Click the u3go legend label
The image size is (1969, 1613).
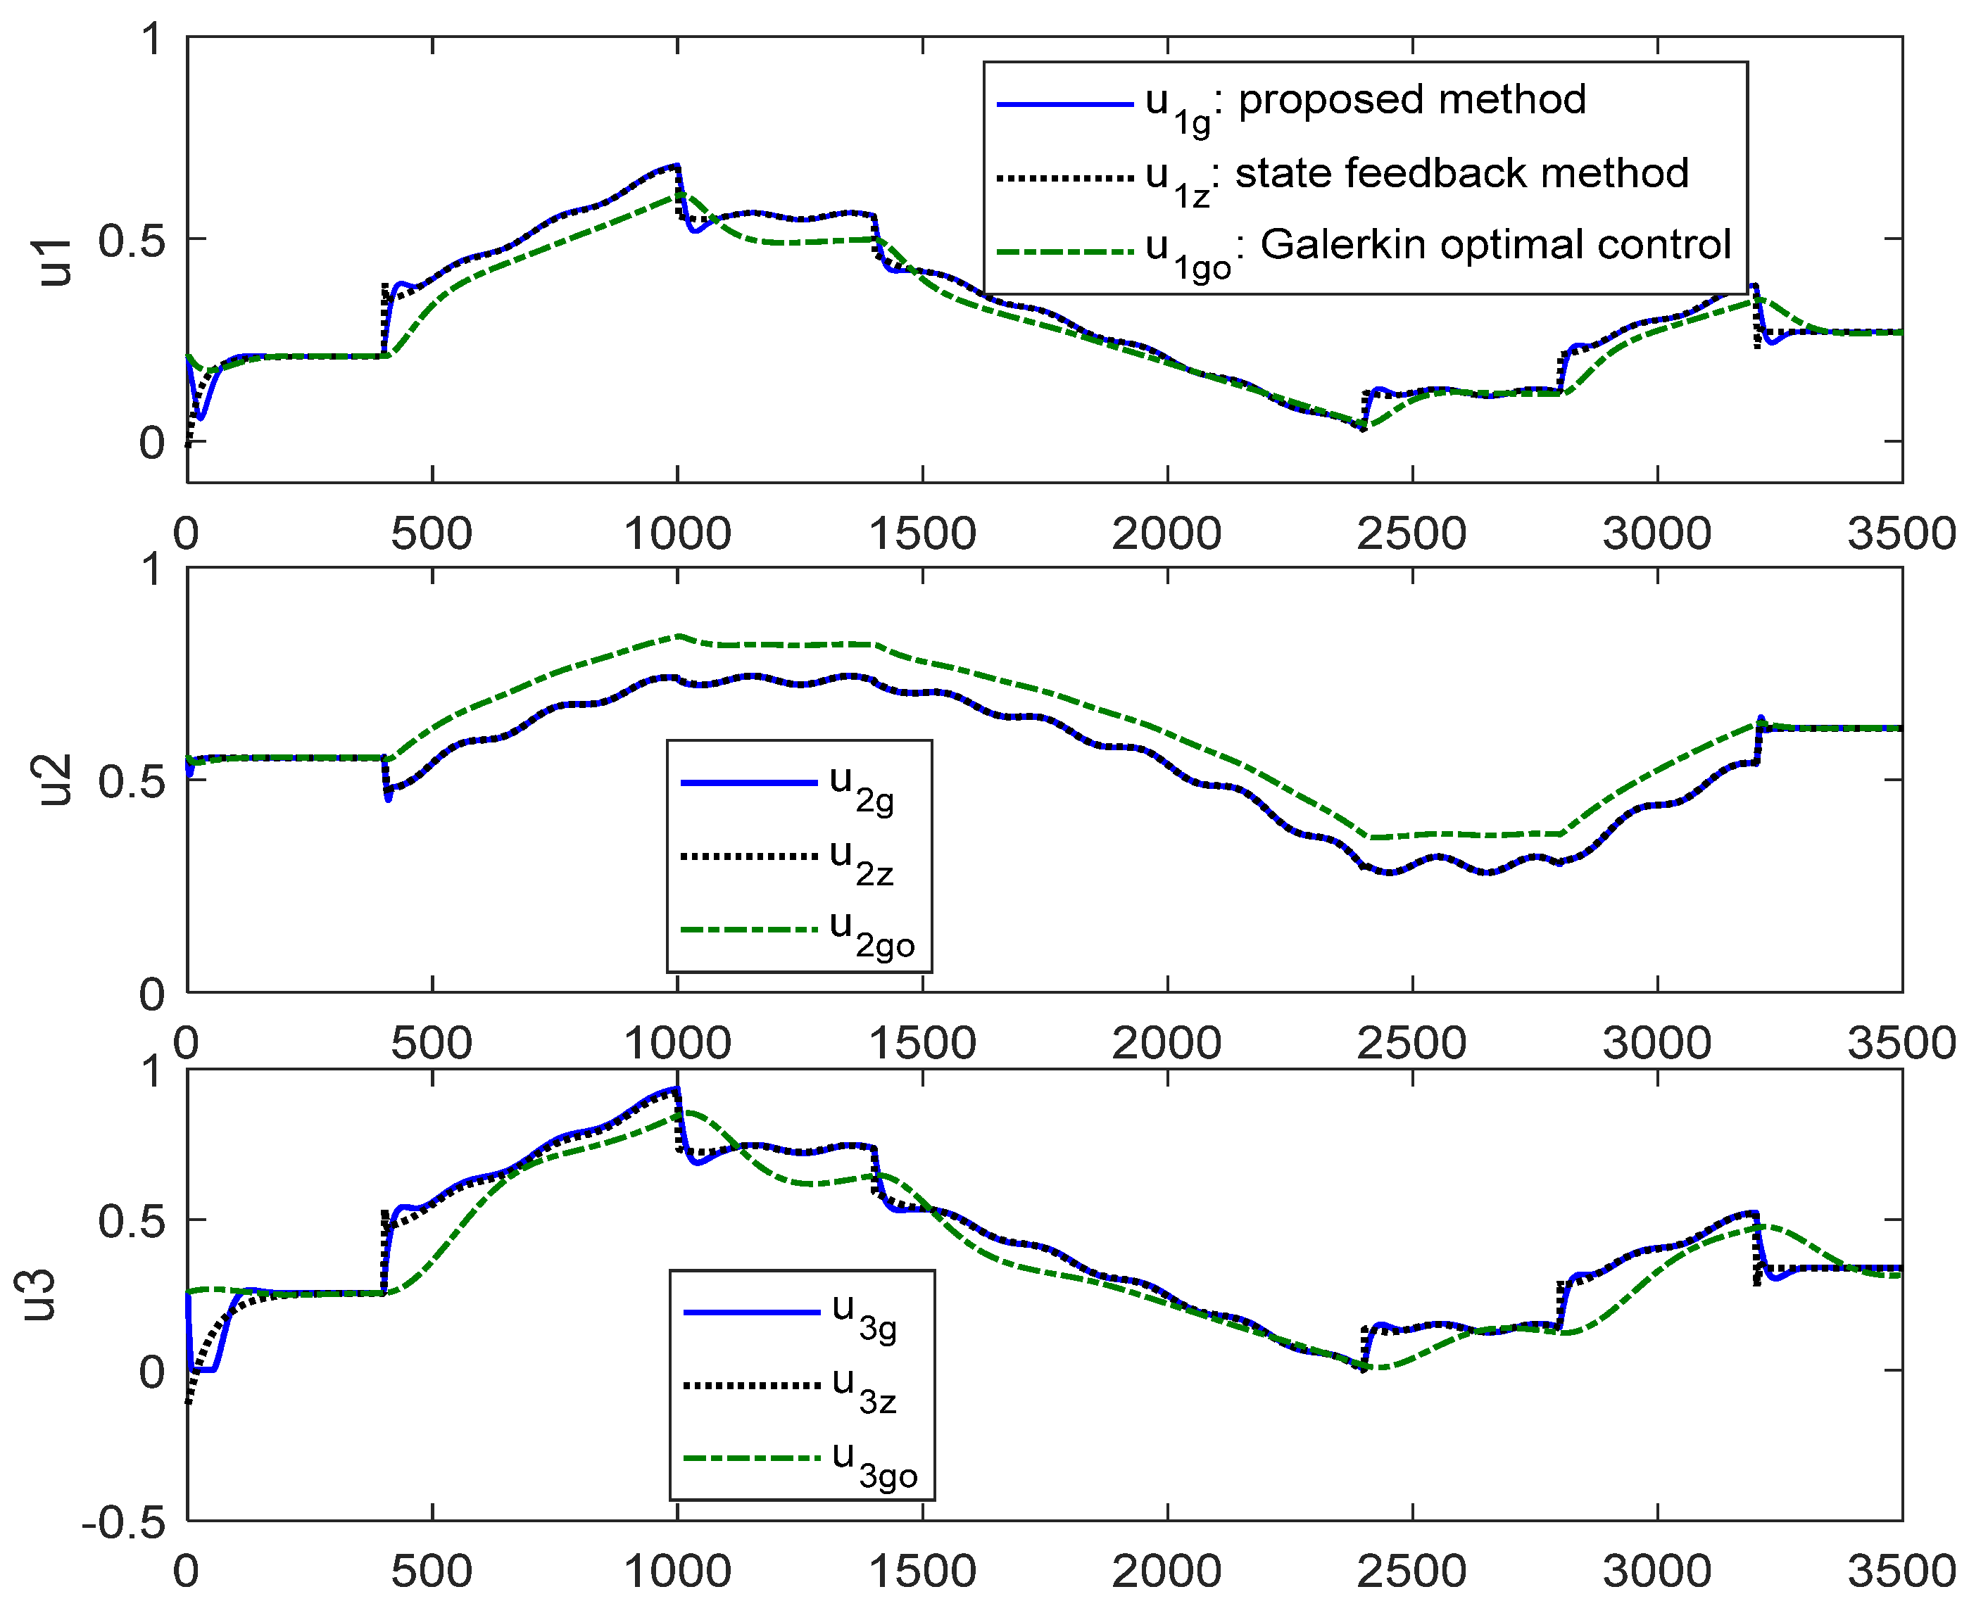click(874, 1462)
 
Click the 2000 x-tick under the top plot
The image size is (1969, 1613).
click(1166, 534)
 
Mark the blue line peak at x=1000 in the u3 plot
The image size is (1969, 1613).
click(677, 1088)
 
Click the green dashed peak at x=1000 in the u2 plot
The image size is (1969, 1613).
click(679, 636)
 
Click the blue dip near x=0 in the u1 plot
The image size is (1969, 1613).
click(200, 418)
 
